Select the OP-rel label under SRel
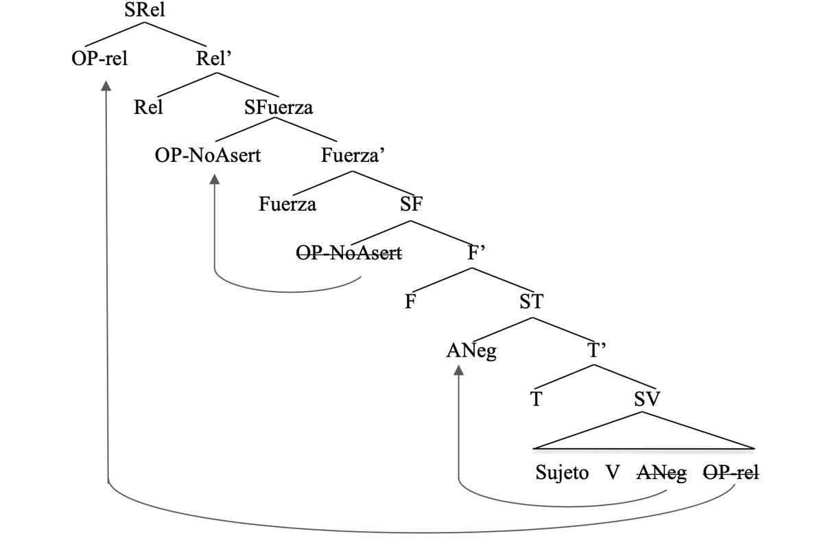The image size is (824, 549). point(99,58)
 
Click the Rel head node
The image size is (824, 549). point(149,107)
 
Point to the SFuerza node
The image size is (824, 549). point(279,107)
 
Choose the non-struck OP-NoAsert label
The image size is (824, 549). point(208,156)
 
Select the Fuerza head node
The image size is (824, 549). point(287,205)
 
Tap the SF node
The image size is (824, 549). point(411,205)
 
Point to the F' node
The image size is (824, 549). point(476,253)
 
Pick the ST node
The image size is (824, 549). point(531,302)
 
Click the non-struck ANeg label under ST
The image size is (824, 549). point(471,351)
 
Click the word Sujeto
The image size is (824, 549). point(562,474)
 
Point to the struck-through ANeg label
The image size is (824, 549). point(662,474)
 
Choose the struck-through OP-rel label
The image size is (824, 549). point(731,474)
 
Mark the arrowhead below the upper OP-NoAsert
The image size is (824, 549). point(214,179)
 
